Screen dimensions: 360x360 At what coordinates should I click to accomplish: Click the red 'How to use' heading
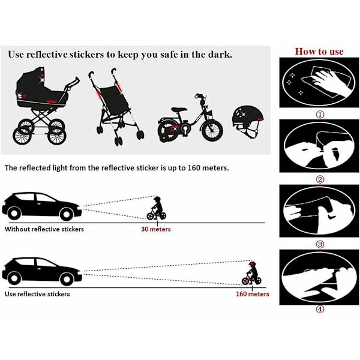pyautogui.click(x=319, y=52)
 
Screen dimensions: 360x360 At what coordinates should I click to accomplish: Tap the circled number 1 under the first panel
pyautogui.click(x=320, y=114)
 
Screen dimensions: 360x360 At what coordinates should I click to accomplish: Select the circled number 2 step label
pyautogui.click(x=320, y=179)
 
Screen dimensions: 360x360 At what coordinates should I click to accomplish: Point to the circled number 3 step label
pyautogui.click(x=320, y=244)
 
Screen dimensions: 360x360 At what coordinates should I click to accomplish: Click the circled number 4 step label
pyautogui.click(x=320, y=309)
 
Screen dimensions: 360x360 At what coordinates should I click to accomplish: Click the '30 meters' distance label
pyautogui.click(x=155, y=229)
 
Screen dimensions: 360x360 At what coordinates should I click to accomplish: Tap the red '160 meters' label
pyautogui.click(x=253, y=294)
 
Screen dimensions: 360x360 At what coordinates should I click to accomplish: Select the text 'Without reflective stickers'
pyautogui.click(x=44, y=229)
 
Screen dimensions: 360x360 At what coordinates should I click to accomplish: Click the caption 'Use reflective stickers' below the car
pyautogui.click(x=37, y=294)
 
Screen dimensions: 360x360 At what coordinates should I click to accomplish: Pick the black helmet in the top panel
pyautogui.click(x=247, y=121)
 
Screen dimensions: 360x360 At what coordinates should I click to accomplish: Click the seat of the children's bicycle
pyautogui.click(x=179, y=110)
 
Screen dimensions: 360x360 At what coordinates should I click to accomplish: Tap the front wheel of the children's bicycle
pyautogui.click(x=212, y=130)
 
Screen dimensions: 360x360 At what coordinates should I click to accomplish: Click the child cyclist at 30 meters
pyautogui.click(x=157, y=208)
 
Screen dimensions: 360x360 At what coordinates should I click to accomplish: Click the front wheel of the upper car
pyautogui.click(x=67, y=214)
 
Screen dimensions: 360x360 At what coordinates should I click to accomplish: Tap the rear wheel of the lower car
pyautogui.click(x=14, y=278)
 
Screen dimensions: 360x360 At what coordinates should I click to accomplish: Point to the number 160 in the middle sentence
pyautogui.click(x=194, y=168)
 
